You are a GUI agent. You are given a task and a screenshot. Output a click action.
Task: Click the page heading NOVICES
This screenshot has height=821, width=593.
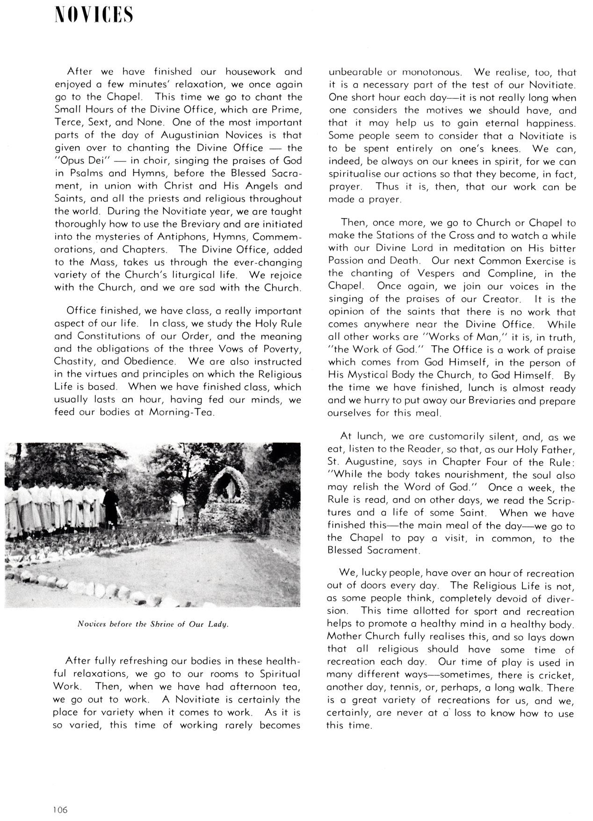click(93, 15)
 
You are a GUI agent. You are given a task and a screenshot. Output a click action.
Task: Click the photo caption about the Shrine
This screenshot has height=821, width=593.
click(153, 624)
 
